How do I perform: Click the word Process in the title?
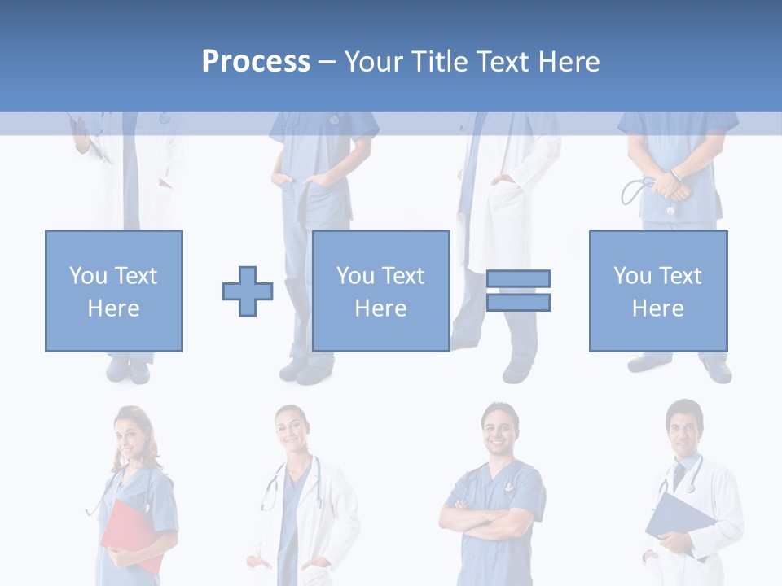coord(256,62)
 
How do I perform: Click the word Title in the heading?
coord(441,62)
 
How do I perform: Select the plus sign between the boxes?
coord(248,291)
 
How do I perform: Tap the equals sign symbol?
coord(519,291)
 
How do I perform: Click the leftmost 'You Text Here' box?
coord(114,291)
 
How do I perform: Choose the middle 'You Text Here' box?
coord(381,291)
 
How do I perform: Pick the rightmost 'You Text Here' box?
coord(658,291)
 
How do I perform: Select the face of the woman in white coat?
coord(292,432)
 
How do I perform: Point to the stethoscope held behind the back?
coord(636,192)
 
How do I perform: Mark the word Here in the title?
coord(569,62)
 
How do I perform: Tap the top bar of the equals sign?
coord(519,278)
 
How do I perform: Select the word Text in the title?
coord(503,62)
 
